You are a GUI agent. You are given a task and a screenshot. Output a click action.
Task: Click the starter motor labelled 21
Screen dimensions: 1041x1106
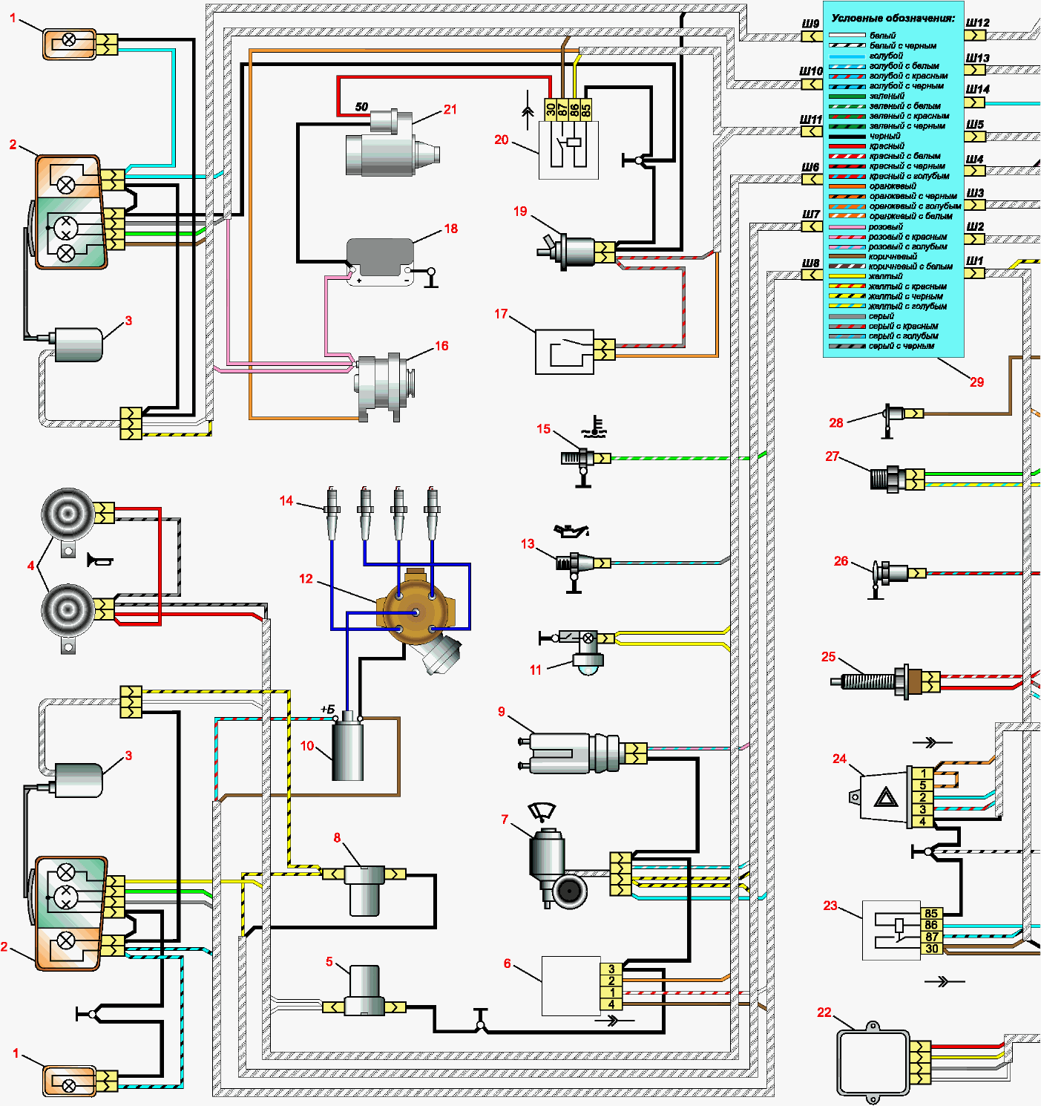[x=392, y=144]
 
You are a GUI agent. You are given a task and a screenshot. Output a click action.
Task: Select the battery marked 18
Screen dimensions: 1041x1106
[x=381, y=262]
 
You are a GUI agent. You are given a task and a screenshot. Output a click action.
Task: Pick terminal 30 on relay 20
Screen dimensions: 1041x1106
[x=551, y=109]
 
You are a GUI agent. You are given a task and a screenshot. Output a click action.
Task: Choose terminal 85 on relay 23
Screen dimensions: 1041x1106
[x=931, y=913]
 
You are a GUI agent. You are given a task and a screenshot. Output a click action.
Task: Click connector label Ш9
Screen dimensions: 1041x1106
[x=810, y=24]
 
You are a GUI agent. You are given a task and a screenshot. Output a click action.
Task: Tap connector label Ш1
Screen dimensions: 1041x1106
[x=975, y=261]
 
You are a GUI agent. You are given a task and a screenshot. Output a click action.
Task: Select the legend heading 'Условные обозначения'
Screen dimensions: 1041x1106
[x=893, y=18]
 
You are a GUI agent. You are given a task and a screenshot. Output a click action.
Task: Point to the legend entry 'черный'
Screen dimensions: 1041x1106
[x=884, y=136]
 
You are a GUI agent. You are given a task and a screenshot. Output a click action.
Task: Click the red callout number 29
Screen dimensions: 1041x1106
[x=976, y=382]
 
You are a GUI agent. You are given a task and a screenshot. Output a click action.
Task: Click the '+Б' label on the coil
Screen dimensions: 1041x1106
[x=328, y=710]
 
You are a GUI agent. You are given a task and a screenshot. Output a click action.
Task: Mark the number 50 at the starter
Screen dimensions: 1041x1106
[x=362, y=106]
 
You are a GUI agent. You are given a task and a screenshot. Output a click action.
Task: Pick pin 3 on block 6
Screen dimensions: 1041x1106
[x=611, y=969]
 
